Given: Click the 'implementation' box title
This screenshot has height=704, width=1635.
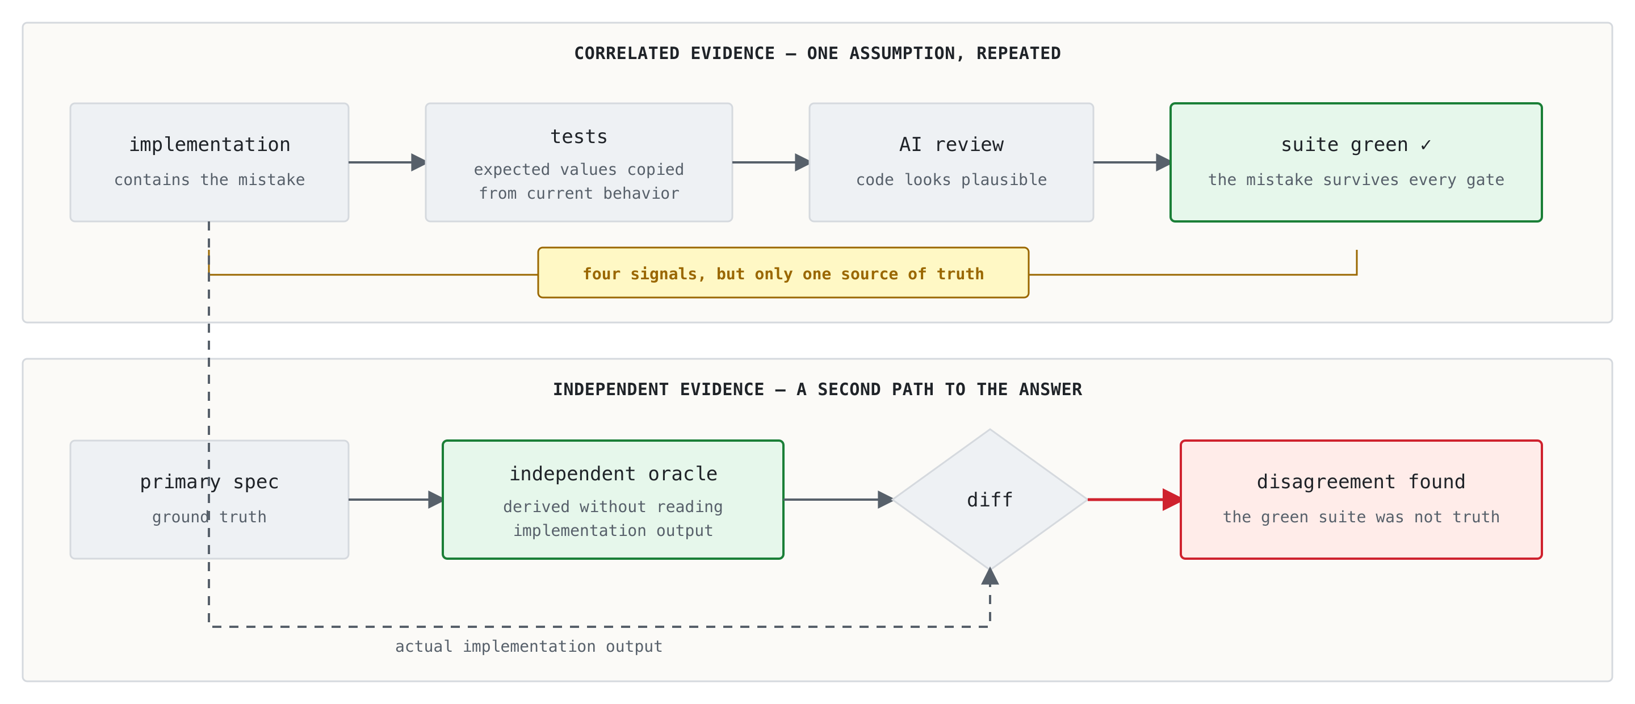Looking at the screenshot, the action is [x=209, y=145].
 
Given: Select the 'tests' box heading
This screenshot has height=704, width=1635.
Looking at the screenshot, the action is [x=579, y=136].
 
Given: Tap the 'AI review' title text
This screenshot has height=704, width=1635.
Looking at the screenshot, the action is [x=951, y=145].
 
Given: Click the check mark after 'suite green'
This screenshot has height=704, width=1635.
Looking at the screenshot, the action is [x=1426, y=145].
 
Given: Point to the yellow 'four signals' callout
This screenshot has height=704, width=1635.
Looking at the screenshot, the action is [x=783, y=273].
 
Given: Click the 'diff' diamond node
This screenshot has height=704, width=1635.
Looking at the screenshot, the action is [x=990, y=499].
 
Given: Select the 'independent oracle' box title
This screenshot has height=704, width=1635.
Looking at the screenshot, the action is [x=613, y=473].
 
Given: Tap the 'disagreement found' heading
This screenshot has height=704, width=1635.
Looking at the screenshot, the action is [x=1361, y=482].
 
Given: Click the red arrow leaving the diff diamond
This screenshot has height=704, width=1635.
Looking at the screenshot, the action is [x=1134, y=500].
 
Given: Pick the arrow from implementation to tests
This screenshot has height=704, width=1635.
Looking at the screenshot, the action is [x=387, y=162].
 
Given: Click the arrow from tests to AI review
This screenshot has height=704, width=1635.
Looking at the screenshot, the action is [x=770, y=162].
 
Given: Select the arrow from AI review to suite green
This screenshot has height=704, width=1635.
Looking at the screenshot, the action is [x=1131, y=162].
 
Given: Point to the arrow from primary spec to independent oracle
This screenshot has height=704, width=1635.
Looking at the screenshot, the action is [x=396, y=500].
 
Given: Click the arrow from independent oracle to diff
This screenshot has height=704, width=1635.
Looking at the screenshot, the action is [x=839, y=500].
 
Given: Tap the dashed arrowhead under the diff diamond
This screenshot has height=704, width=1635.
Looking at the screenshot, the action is [x=990, y=576].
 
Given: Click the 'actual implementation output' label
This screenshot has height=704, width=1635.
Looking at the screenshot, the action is [x=529, y=646].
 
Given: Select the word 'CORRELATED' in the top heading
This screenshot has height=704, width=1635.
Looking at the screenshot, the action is [x=626, y=53].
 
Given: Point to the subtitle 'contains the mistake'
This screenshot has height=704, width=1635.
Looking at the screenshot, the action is [x=209, y=179].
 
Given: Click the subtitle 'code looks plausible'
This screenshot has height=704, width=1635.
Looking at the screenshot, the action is [x=951, y=179].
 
